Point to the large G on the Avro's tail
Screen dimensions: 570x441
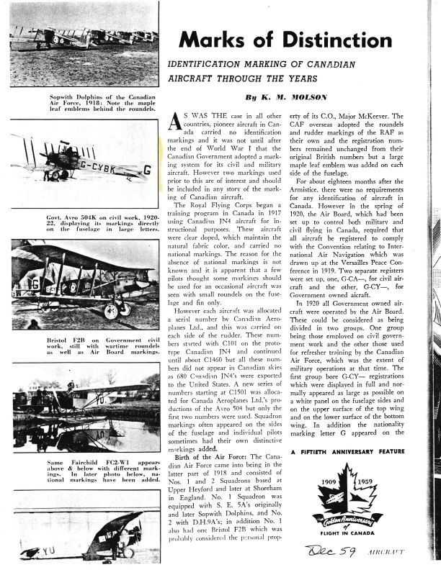(x=147, y=171)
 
